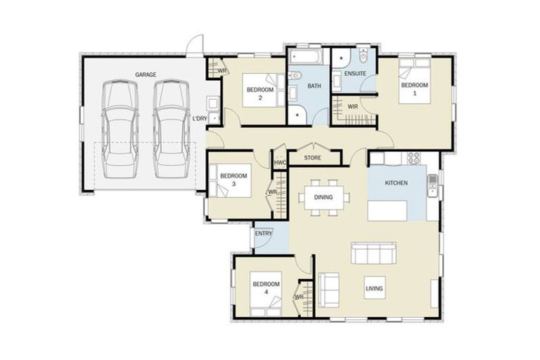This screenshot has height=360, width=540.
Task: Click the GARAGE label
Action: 146,74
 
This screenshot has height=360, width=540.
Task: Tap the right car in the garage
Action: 170,129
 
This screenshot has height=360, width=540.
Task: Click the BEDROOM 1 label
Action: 413,89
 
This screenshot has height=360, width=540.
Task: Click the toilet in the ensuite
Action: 362,57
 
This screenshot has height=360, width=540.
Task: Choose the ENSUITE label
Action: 354,74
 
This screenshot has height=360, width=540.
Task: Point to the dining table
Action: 323,198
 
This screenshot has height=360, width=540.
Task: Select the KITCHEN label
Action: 396,184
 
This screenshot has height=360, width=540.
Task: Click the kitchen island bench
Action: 389,210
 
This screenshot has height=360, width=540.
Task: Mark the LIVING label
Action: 374,288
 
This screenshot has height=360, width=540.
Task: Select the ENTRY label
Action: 263,233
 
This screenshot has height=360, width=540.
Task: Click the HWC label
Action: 280,162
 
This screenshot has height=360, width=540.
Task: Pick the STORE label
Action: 313,158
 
